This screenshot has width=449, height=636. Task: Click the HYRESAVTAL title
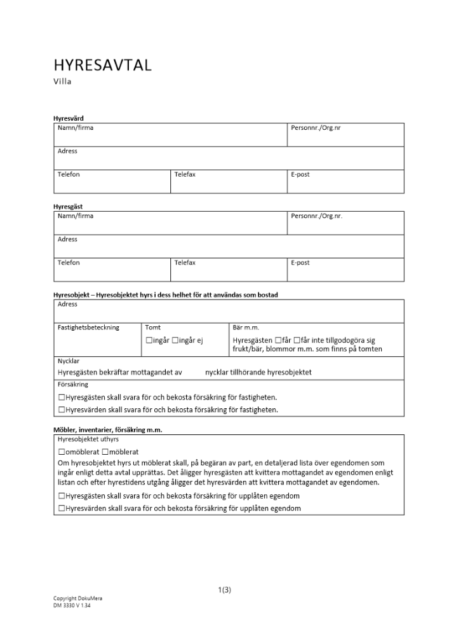tap(102, 65)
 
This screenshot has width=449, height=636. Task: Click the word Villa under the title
tap(62, 81)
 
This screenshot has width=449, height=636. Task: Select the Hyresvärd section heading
tap(68, 118)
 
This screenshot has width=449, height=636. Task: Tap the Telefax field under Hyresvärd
tap(229, 182)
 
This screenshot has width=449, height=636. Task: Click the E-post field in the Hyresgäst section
tap(345, 270)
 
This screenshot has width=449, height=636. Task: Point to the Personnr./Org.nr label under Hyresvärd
tap(316, 128)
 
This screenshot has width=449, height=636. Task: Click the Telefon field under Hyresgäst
tap(112, 270)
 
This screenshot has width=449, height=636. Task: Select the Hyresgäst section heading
tap(68, 207)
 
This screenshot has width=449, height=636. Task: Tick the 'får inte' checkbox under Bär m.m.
tap(296, 341)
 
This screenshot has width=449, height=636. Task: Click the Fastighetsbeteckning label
tap(88, 328)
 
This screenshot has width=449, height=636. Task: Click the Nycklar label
tap(69, 361)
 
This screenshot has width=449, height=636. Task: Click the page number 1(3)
tap(224, 590)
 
